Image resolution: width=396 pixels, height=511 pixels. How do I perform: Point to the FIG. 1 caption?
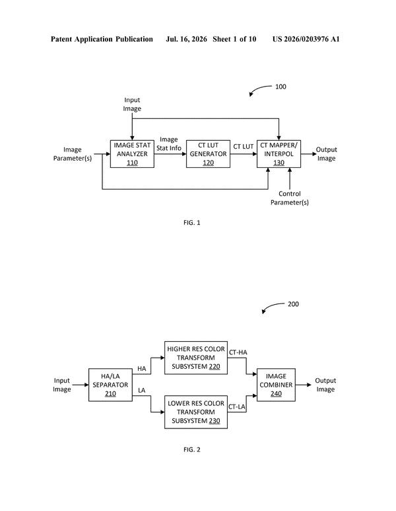pos(192,223)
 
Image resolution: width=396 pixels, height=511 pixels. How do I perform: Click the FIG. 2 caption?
pos(192,450)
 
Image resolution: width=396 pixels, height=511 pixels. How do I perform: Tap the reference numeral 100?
pos(280,87)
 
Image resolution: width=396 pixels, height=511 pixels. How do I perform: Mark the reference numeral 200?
pos(293,304)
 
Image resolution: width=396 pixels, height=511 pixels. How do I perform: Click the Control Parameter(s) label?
pos(290,198)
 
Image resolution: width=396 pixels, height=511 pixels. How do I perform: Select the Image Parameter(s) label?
pos(73,154)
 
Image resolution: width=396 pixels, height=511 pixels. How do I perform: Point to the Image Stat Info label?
pos(169,143)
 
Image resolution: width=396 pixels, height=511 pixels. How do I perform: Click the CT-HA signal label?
pos(238,352)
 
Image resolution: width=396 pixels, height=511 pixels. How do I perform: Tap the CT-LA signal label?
pos(237,407)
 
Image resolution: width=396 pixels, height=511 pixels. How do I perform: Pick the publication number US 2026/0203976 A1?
pos(306,39)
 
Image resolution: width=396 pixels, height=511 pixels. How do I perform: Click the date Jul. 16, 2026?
pos(186,39)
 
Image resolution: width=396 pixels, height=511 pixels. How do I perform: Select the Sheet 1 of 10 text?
pos(234,39)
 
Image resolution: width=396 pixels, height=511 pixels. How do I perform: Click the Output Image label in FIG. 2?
pos(325,385)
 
